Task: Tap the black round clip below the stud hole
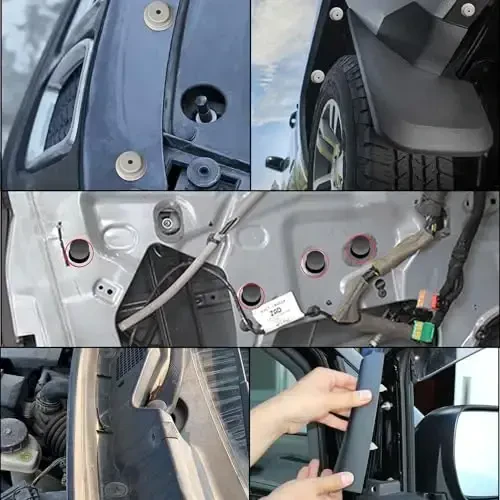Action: click(204, 171)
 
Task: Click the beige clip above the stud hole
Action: click(158, 14)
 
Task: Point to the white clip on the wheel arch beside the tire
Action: click(317, 76)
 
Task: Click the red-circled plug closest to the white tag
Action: click(252, 294)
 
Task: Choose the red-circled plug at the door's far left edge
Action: click(79, 252)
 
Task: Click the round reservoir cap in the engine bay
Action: click(12, 432)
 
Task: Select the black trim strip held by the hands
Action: click(361, 420)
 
